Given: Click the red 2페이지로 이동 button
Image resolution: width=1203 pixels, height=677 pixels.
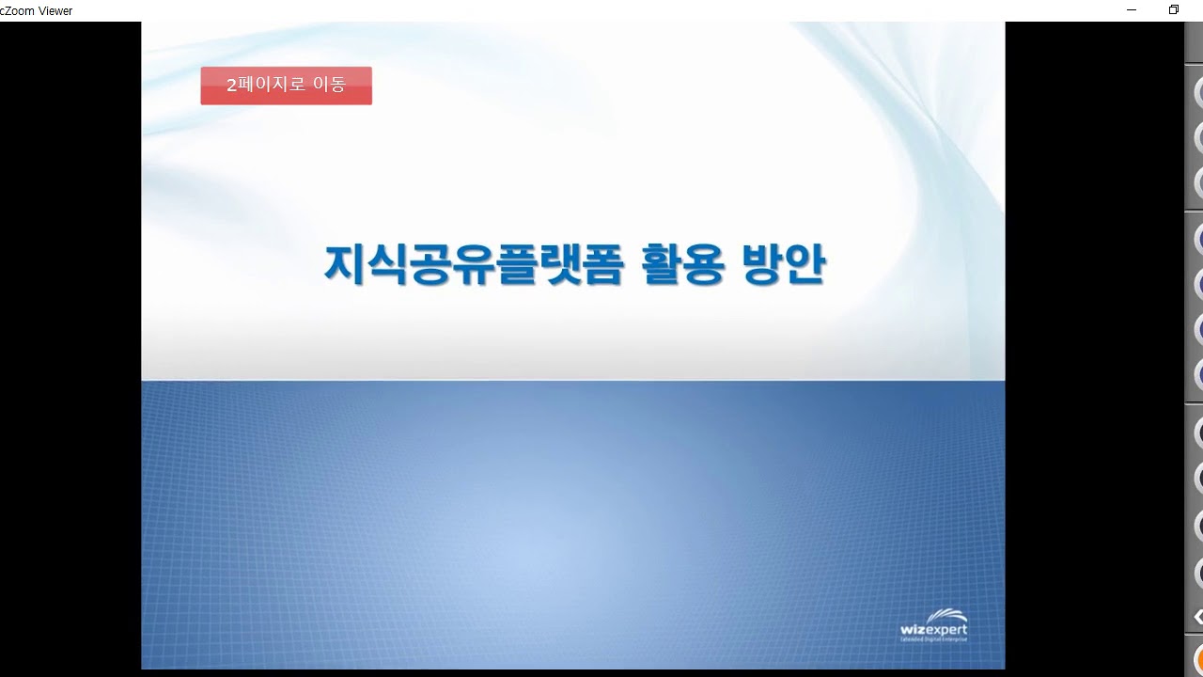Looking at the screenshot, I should point(286,86).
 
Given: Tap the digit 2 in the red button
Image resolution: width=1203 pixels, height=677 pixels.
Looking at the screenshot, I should point(231,86).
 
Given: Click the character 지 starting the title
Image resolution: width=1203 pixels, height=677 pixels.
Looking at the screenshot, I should point(344,264).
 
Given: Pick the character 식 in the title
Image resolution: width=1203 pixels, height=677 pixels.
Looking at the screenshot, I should point(387,264).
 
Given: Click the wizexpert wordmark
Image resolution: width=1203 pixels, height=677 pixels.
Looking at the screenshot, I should point(932,629).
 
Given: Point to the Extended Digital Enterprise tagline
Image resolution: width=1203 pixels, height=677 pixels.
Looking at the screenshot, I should point(932,639).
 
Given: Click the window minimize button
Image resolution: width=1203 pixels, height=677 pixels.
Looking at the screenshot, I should point(1132,10).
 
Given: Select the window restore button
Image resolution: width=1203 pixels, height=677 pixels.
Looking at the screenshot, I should point(1173,10).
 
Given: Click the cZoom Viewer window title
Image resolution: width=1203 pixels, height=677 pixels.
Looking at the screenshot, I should point(37,11).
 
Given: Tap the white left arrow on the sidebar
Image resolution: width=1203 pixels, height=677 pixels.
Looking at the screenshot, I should point(1198,617).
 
